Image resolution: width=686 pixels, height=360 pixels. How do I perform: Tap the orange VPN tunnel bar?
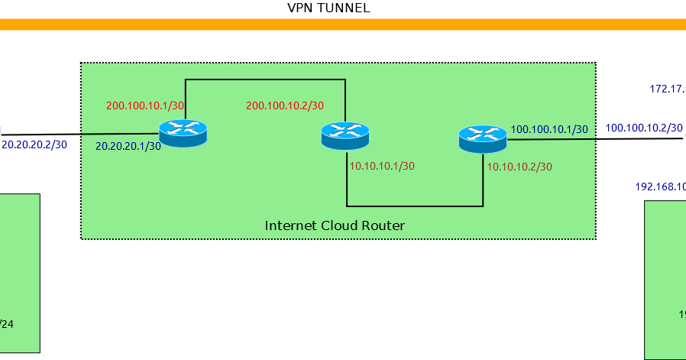[x=343, y=24]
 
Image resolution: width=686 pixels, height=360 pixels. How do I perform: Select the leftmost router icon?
[x=183, y=134]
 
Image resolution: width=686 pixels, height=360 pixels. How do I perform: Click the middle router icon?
[x=345, y=137]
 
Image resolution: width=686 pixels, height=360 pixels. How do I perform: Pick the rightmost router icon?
[x=483, y=139]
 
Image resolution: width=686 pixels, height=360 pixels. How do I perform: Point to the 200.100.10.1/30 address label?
[x=144, y=105]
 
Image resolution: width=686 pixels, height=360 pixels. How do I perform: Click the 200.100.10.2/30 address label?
[x=285, y=105]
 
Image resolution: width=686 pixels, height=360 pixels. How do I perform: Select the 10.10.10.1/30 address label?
[x=382, y=166]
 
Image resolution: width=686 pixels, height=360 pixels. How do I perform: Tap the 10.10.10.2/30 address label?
[x=519, y=166]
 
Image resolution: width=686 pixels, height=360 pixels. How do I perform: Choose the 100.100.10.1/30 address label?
[x=548, y=129]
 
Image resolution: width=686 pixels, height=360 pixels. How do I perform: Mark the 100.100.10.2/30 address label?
[x=644, y=128]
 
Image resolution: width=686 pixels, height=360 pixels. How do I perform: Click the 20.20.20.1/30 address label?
[x=128, y=145]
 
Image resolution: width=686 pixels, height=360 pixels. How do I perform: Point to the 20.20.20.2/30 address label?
[x=35, y=143]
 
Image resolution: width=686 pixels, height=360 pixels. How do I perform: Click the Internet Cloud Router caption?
[x=335, y=225]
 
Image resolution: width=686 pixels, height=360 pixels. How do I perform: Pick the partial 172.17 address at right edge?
[x=667, y=89]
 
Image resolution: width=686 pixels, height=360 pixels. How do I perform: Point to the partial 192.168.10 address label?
[x=660, y=186]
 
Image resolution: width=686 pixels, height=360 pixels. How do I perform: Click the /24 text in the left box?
[x=6, y=324]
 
